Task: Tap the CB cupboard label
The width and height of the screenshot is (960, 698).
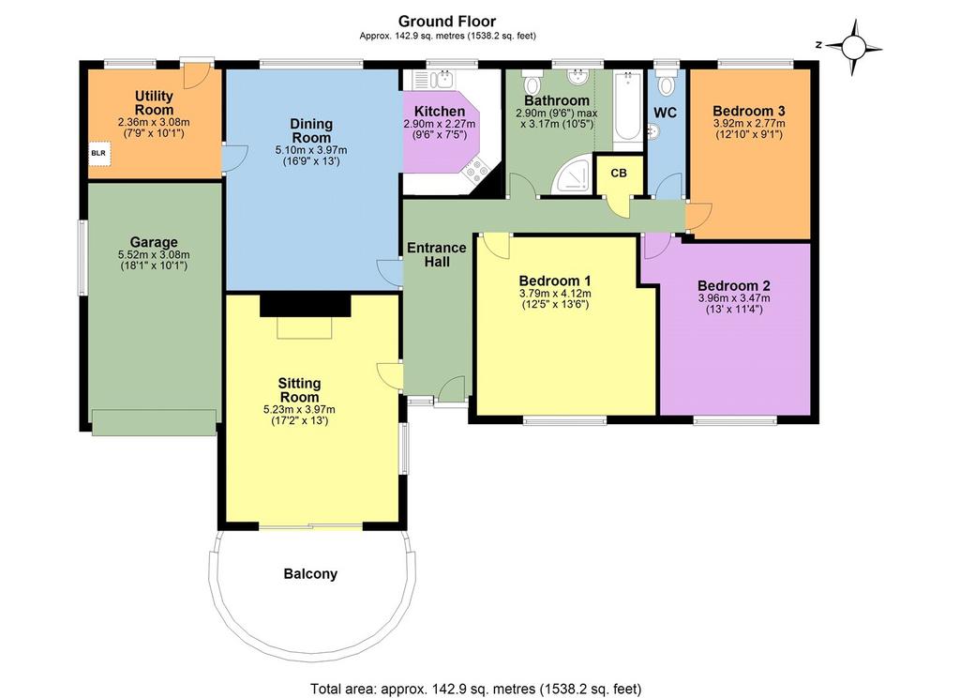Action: click(x=619, y=174)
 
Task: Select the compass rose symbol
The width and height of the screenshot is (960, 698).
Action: click(x=853, y=47)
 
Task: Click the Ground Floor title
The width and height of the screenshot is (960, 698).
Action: click(x=447, y=23)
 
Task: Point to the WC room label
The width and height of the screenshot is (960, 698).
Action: click(x=665, y=114)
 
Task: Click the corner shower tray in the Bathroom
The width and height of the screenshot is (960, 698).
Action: click(x=573, y=174)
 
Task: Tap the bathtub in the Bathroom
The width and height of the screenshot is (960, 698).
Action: click(x=627, y=107)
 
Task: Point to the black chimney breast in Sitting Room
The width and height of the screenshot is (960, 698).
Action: click(x=306, y=305)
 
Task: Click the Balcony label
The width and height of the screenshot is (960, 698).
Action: click(x=310, y=574)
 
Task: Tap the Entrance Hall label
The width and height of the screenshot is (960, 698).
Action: click(x=437, y=254)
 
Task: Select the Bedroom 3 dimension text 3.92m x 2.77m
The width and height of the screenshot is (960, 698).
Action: click(x=749, y=123)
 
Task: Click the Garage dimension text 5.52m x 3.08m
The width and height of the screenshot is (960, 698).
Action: click(x=154, y=255)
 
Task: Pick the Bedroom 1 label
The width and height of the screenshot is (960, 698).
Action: click(x=555, y=281)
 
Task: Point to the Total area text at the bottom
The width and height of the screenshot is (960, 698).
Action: click(x=475, y=689)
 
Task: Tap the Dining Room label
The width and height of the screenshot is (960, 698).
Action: click(x=311, y=130)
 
